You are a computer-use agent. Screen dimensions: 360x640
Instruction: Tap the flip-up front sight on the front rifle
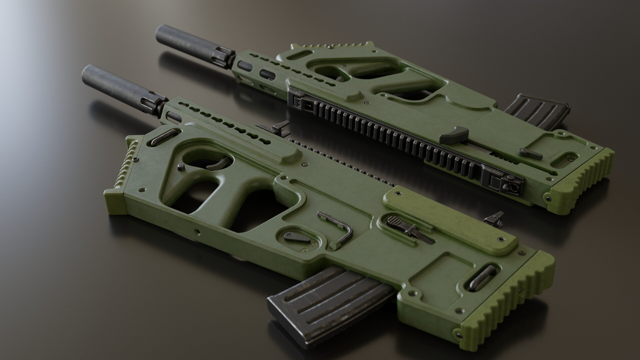click(x=278, y=128)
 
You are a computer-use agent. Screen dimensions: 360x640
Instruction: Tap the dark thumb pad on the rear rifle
click(x=453, y=134)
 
